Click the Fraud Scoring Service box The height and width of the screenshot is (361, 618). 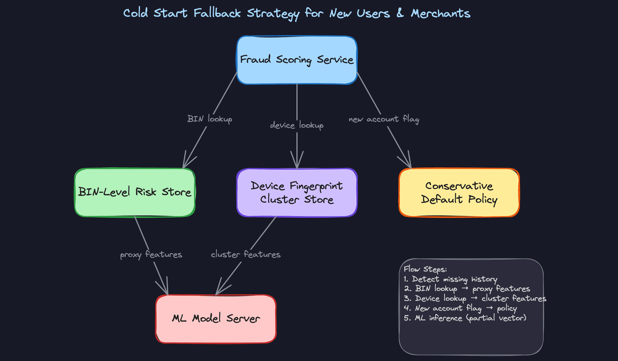tap(297, 60)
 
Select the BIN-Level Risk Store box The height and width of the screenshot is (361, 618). tap(135, 192)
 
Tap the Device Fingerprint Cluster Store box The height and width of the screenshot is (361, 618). tap(297, 192)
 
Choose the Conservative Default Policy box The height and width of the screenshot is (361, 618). tap(459, 192)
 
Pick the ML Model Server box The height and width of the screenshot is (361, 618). tap(216, 319)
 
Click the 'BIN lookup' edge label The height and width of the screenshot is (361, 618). tap(210, 119)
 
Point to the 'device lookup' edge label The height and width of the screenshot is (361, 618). tap(297, 125)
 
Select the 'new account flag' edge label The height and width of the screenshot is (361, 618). tap(384, 119)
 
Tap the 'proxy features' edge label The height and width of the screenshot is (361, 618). tap(151, 255)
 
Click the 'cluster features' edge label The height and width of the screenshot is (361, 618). tap(246, 255)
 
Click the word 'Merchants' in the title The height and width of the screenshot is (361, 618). tap(440, 14)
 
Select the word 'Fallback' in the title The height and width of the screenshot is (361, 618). tap(217, 13)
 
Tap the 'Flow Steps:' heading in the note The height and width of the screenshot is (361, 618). tap(425, 269)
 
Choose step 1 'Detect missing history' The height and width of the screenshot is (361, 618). tap(450, 279)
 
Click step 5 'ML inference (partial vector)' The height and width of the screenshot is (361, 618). tap(465, 318)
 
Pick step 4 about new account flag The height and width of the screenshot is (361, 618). tap(460, 308)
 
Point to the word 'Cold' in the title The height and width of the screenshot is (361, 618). tap(136, 13)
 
